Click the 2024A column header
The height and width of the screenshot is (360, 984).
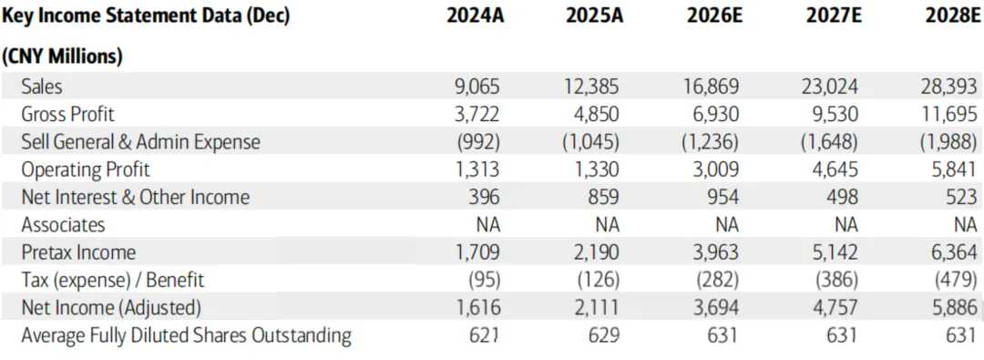pyautogui.click(x=475, y=16)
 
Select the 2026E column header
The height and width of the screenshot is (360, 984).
pyautogui.click(x=714, y=16)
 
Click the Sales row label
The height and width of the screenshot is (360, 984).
pyautogui.click(x=41, y=86)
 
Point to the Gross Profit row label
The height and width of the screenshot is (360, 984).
pyautogui.click(x=67, y=114)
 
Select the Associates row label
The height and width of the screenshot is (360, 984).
pyautogui.click(x=63, y=224)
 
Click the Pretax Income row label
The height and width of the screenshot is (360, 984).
pyautogui.click(x=78, y=252)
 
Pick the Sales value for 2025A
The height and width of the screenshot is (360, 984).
pyautogui.click(x=589, y=86)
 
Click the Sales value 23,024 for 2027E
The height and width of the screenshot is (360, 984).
pyautogui.click(x=828, y=86)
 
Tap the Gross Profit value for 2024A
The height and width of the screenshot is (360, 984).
pyautogui.click(x=477, y=114)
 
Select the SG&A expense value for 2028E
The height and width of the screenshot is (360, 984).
pyautogui.click(x=948, y=141)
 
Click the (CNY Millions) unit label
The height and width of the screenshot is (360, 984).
pyautogui.click(x=62, y=57)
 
